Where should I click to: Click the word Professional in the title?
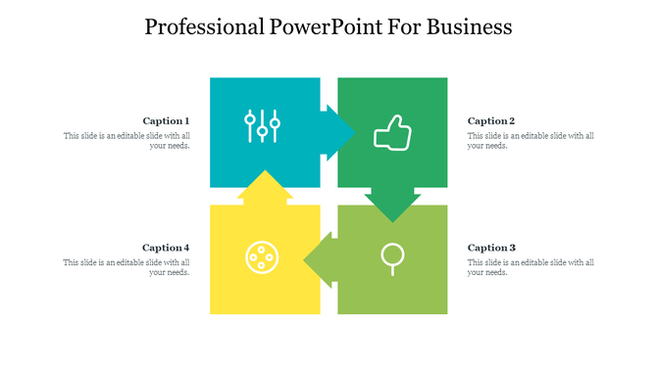point(202,26)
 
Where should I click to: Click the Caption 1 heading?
point(166,120)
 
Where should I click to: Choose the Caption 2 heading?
point(491,120)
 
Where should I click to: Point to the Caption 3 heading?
point(491,248)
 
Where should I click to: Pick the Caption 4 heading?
point(166,248)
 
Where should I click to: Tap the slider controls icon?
point(263,126)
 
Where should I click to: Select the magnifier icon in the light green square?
point(391,257)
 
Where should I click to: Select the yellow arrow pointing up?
point(264,186)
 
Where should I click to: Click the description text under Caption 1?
point(126,141)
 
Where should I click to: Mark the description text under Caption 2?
point(531,141)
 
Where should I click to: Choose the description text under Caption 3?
point(531,267)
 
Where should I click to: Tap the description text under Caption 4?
point(126,267)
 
